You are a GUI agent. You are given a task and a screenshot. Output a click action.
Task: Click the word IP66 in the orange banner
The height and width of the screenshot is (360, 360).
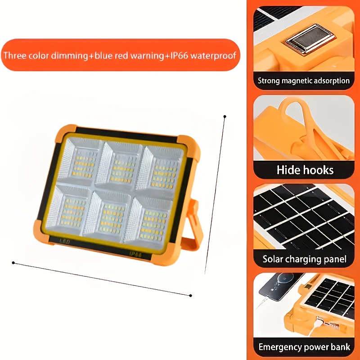199,56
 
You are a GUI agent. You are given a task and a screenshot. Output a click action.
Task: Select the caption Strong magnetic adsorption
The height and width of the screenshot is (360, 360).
304,81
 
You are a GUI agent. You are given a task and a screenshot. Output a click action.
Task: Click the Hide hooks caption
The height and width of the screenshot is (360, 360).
305,170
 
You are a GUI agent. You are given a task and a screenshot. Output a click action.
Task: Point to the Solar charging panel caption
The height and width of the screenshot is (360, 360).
305,259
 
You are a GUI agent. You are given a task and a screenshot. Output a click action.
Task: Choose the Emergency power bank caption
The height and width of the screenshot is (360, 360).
305,347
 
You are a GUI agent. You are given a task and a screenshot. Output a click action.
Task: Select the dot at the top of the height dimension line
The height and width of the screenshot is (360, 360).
225,117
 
